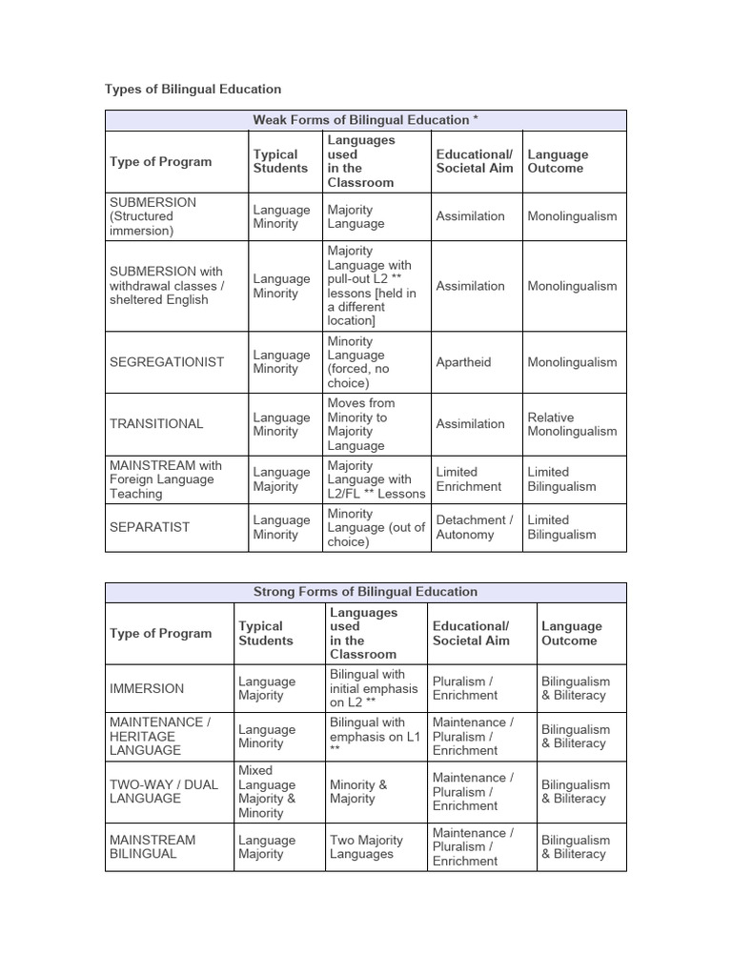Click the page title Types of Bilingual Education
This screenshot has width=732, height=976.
tap(193, 89)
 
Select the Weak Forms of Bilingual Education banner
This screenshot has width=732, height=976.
tap(365, 120)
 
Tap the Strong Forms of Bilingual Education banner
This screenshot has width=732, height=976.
tap(365, 592)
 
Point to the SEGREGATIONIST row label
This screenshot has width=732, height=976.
tap(167, 362)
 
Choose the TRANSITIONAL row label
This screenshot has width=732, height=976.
tap(156, 424)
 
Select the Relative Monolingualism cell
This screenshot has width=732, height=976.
tap(572, 424)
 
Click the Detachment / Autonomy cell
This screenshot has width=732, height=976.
tap(474, 527)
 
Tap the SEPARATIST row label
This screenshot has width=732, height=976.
tap(150, 527)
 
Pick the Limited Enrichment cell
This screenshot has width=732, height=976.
tap(468, 478)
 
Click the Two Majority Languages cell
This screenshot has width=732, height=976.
tap(366, 847)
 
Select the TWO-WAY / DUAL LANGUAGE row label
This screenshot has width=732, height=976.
tap(164, 791)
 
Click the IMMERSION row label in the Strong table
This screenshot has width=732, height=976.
tap(147, 688)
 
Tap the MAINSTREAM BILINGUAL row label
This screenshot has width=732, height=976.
tap(152, 847)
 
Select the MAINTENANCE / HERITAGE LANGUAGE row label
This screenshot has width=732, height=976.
tap(158, 737)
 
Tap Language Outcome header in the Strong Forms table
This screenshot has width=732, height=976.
tap(572, 634)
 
